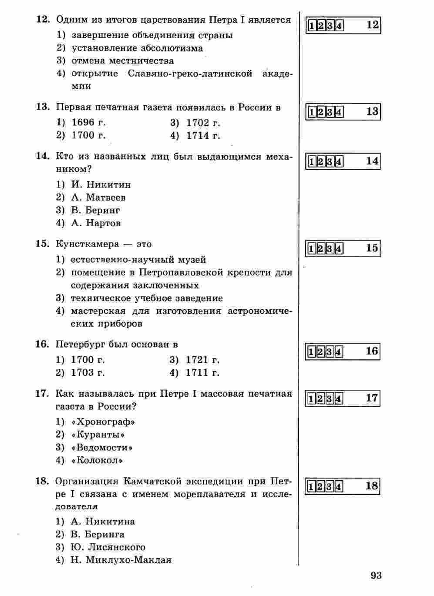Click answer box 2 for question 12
click(x=321, y=26)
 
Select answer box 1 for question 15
click(x=312, y=249)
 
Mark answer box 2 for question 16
click(x=321, y=352)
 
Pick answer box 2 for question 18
click(x=321, y=486)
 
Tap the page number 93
click(x=376, y=576)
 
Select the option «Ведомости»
click(x=103, y=448)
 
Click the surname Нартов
click(x=103, y=223)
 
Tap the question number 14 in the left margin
click(x=42, y=157)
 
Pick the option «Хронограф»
click(x=103, y=422)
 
